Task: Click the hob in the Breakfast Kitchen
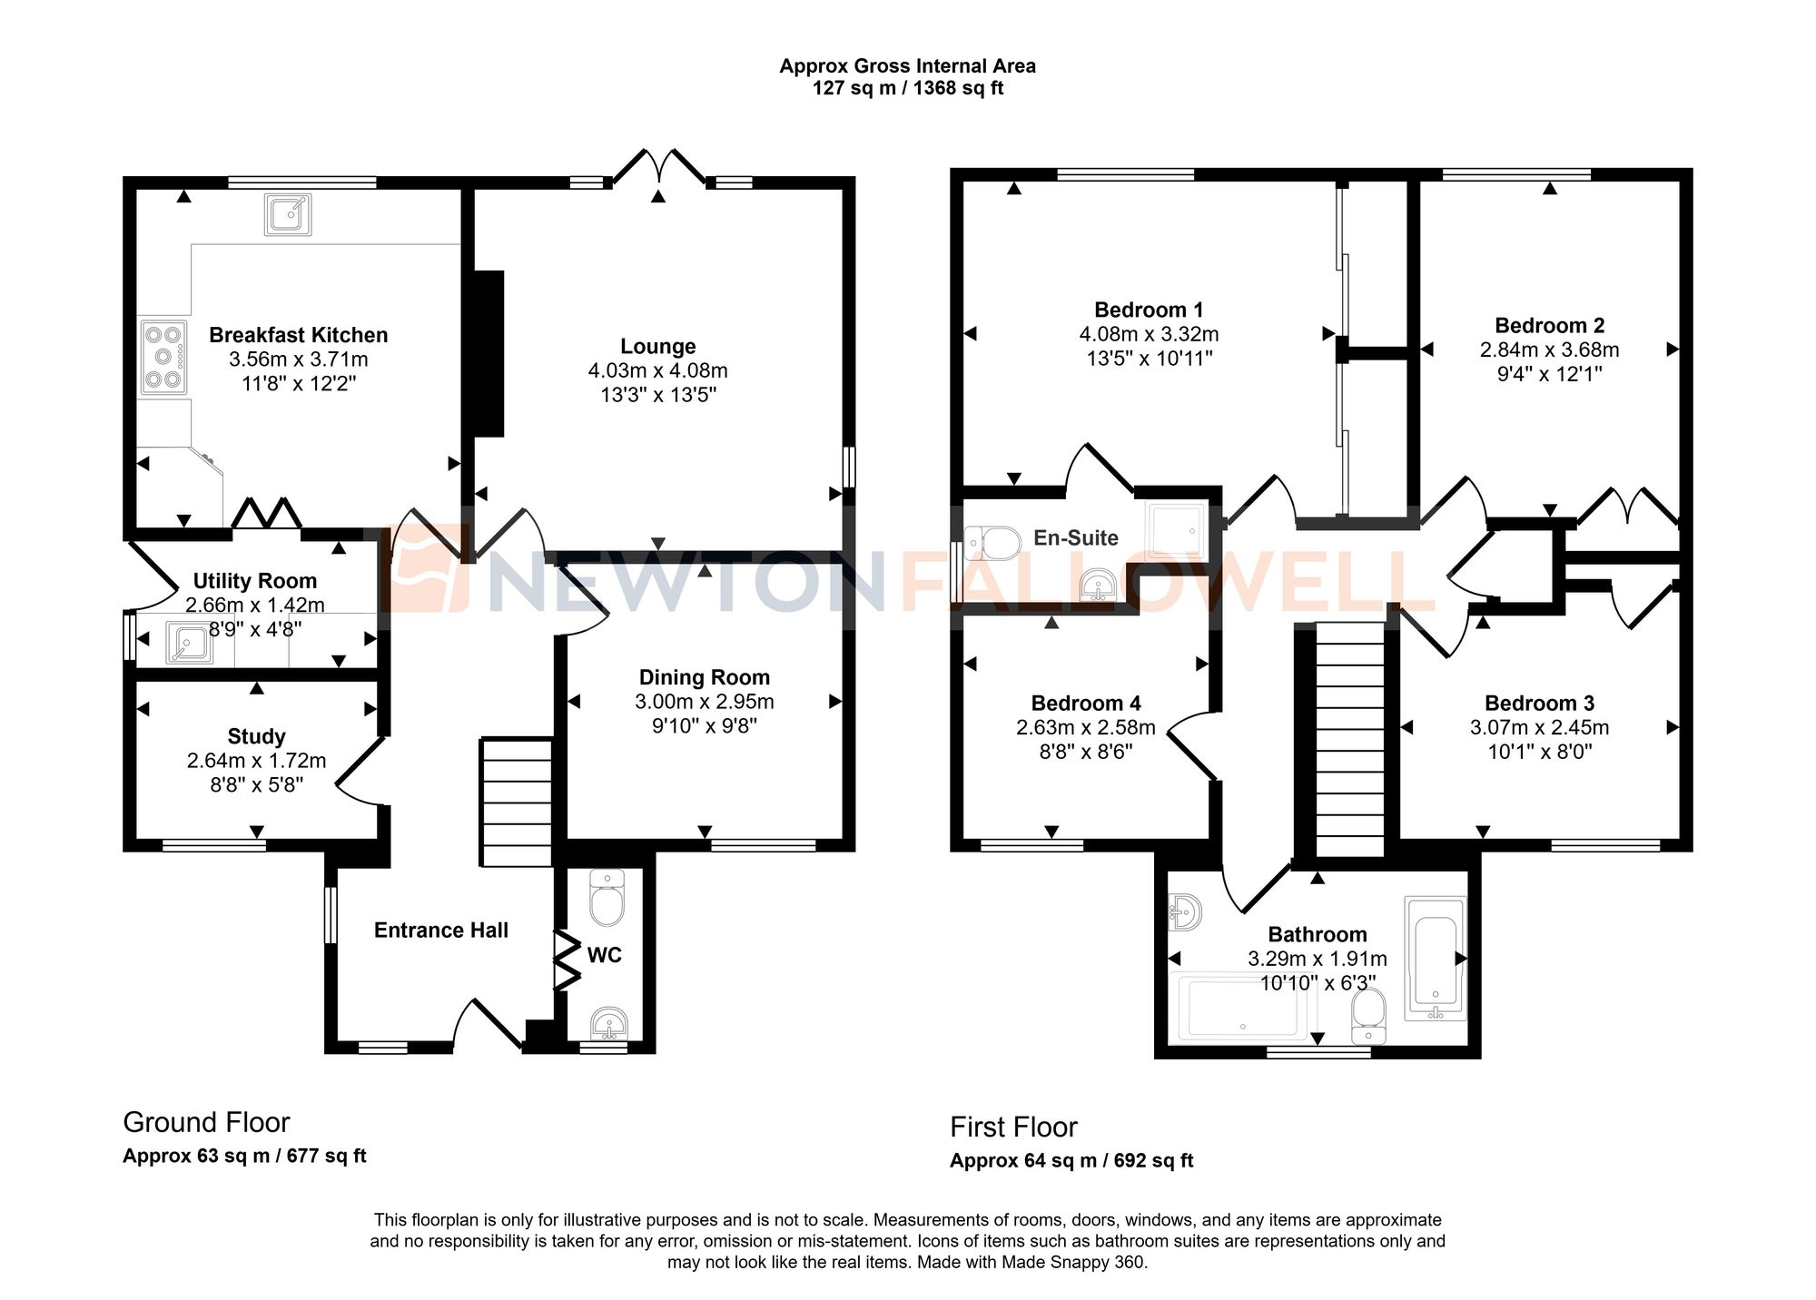coord(163,358)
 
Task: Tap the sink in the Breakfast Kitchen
coord(289,214)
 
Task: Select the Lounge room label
coord(657,346)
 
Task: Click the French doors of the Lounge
coord(658,169)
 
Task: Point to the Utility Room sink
coord(189,643)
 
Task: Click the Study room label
coord(256,736)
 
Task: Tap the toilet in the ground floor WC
coord(607,898)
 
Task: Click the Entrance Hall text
coord(440,930)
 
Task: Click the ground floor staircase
coord(516,802)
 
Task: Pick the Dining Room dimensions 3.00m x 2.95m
coord(704,702)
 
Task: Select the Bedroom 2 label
coord(1549,325)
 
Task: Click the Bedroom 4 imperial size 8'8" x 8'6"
coord(1085,752)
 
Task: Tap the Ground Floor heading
coord(206,1123)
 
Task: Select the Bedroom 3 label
coord(1539,703)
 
